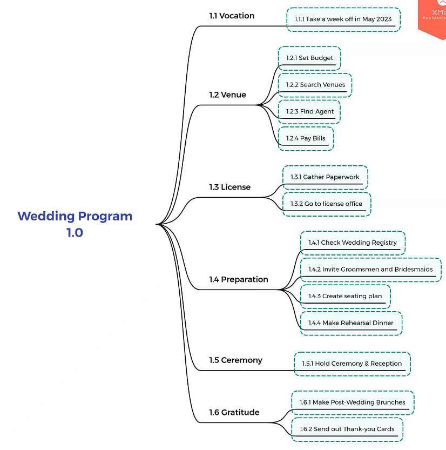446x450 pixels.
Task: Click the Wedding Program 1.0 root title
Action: pos(75,224)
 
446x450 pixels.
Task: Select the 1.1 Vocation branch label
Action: pos(232,16)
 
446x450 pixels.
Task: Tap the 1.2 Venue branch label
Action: pos(227,95)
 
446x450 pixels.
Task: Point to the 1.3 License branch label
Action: pos(229,187)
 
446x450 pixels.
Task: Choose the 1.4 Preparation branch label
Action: pos(238,279)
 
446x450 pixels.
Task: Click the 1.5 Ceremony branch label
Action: pos(235,360)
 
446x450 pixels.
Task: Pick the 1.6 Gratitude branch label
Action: pos(234,412)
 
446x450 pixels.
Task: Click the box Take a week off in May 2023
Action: pos(343,19)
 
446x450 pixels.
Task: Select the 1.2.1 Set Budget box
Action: pos(309,58)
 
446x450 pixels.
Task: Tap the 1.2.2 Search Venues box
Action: pos(315,85)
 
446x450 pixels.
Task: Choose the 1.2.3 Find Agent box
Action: pos(309,112)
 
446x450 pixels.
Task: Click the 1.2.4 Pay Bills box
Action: pos(306,138)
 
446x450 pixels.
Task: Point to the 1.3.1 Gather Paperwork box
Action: pos(325,177)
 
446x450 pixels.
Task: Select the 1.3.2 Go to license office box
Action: pos(326,204)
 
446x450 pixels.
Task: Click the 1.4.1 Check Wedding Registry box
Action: pos(352,243)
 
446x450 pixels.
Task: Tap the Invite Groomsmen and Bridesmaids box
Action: pos(370,270)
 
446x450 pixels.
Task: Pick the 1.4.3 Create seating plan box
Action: pos(344,296)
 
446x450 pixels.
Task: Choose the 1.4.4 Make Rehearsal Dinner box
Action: pos(350,323)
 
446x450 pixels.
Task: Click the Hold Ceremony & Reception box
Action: pos(352,364)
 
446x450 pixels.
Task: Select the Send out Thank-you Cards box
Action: pos(347,429)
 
